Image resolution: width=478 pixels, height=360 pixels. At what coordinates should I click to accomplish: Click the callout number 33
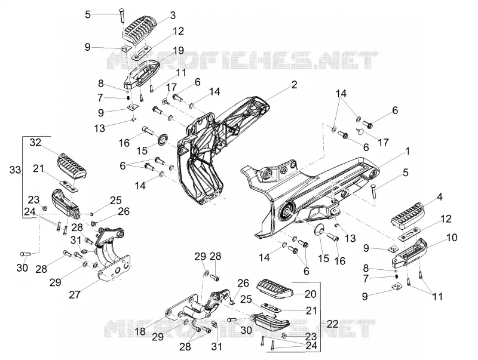coord(15,170)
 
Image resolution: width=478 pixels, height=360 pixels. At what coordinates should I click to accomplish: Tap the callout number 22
coord(332,324)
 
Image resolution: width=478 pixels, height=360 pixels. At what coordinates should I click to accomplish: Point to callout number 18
coord(140,331)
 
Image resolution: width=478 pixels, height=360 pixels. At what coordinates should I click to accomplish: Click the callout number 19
coord(178,50)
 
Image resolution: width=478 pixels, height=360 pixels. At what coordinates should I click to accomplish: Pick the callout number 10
coord(452,237)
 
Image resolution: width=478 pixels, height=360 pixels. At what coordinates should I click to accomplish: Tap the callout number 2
coord(294,85)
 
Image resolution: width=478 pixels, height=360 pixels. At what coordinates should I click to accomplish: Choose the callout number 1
coord(407,151)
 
